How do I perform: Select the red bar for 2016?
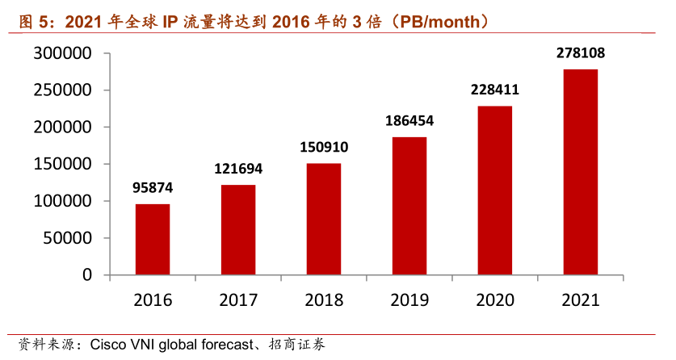(x=153, y=240)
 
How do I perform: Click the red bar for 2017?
(x=238, y=230)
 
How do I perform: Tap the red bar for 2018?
(x=324, y=220)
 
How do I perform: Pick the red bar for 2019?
(x=409, y=206)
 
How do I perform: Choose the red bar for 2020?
(x=495, y=190)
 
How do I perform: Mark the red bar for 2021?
(x=581, y=172)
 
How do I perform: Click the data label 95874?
(x=153, y=188)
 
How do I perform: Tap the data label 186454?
(x=409, y=121)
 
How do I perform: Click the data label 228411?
(x=495, y=90)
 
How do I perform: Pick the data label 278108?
(x=581, y=53)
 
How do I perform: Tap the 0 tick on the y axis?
(x=87, y=275)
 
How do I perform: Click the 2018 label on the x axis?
(x=324, y=300)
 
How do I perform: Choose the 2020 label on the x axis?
(x=495, y=300)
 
